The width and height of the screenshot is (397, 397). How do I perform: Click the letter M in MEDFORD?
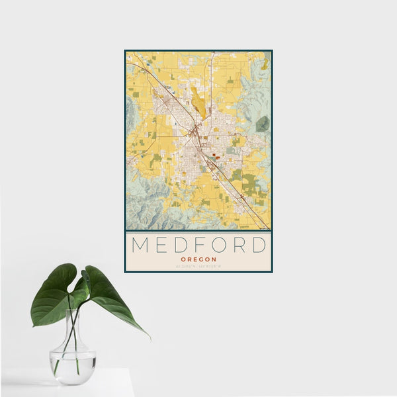[141, 245]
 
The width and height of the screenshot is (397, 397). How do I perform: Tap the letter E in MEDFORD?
[161, 245]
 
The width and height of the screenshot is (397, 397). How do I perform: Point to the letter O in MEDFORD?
[219, 245]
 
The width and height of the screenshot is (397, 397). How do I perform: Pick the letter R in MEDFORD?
[240, 245]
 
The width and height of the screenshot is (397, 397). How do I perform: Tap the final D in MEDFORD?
[259, 245]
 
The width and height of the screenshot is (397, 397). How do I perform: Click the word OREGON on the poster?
[198, 259]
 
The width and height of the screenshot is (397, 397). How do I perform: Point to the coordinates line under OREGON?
[198, 267]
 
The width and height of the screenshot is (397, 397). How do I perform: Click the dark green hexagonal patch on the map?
[263, 123]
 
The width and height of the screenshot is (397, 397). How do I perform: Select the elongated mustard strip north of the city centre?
[197, 102]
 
